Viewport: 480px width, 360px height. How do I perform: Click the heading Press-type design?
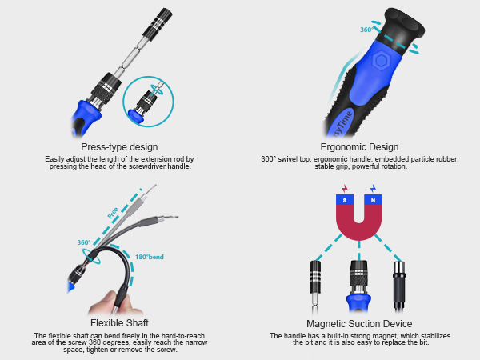tap(119, 147)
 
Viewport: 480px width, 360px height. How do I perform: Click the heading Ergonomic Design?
tap(359, 147)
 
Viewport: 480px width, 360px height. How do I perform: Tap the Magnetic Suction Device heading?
tap(359, 322)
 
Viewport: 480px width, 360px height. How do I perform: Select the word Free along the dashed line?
tap(114, 213)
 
